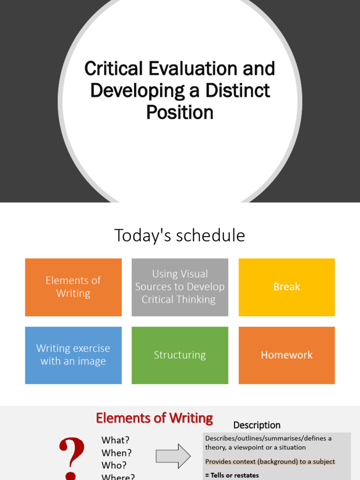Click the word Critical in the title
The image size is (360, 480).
click(x=113, y=69)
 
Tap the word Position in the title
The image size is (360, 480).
click(x=180, y=112)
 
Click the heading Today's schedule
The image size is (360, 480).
click(x=180, y=235)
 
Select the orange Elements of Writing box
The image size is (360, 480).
click(x=73, y=287)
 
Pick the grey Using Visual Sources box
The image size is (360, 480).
click(x=180, y=287)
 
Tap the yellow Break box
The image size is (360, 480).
click(x=286, y=287)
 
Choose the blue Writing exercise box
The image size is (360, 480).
click(x=73, y=355)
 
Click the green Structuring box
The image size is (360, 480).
click(x=180, y=355)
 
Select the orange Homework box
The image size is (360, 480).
click(x=286, y=355)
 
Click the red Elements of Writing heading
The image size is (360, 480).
click(x=154, y=418)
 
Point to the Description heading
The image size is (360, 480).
click(x=257, y=425)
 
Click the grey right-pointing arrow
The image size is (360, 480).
click(x=173, y=456)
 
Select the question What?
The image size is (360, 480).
click(x=116, y=440)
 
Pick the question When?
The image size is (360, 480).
click(x=117, y=453)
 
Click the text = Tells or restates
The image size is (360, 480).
click(x=232, y=475)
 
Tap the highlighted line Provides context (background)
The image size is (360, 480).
click(x=270, y=461)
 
